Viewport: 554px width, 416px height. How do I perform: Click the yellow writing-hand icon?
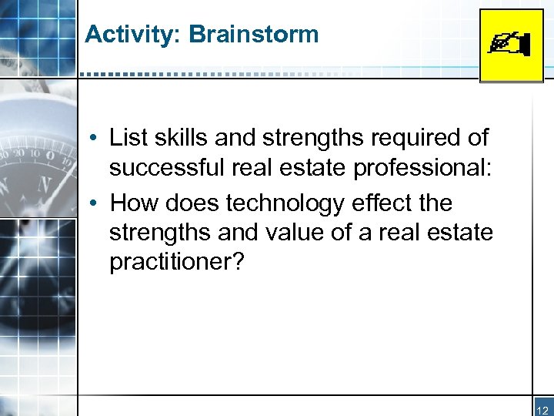point(511,45)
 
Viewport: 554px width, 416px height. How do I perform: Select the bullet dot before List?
point(92,139)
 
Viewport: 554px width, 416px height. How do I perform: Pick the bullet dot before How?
point(92,204)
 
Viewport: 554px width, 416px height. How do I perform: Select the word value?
point(294,233)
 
